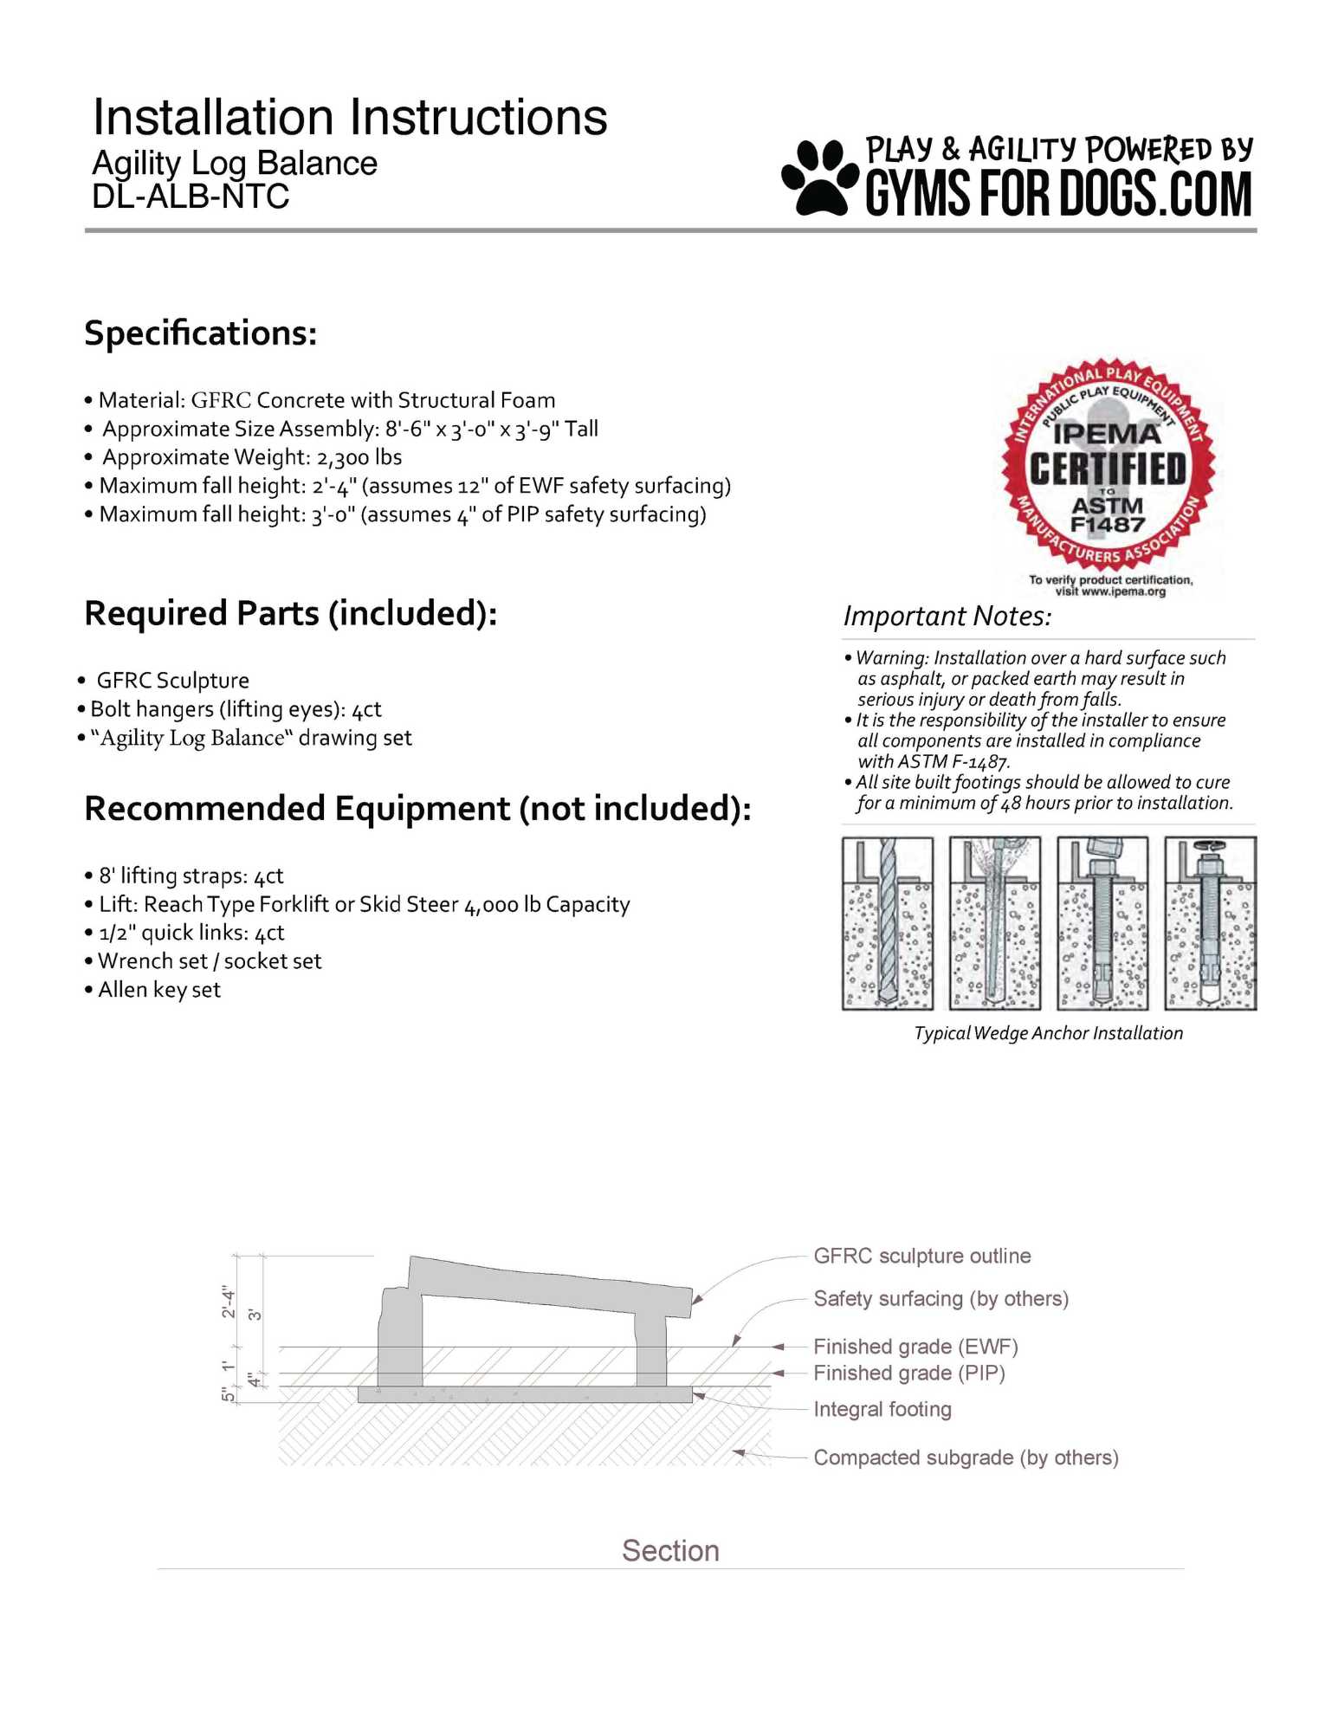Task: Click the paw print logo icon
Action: pyautogui.click(x=818, y=178)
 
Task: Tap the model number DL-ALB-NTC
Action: pyautogui.click(x=191, y=197)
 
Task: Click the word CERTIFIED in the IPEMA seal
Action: pyautogui.click(x=1108, y=469)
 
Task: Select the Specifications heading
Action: pyautogui.click(x=201, y=333)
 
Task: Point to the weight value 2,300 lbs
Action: pyautogui.click(x=359, y=457)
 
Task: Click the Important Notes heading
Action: pyautogui.click(x=947, y=616)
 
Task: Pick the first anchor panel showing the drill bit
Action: pyautogui.click(x=888, y=923)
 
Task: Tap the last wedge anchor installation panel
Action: pyautogui.click(x=1210, y=923)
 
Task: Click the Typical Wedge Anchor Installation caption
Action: pyautogui.click(x=1048, y=1033)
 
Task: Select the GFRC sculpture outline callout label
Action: pyautogui.click(x=922, y=1256)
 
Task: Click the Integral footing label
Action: pyautogui.click(x=882, y=1409)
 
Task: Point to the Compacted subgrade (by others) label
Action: pyautogui.click(x=966, y=1457)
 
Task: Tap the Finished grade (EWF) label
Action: pyautogui.click(x=915, y=1347)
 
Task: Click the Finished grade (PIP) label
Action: pyautogui.click(x=909, y=1373)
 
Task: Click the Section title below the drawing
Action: pyautogui.click(x=670, y=1550)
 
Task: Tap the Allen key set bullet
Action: pyautogui.click(x=159, y=990)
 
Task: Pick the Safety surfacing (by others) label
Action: pyautogui.click(x=940, y=1298)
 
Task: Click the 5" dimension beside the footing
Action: pyautogui.click(x=227, y=1394)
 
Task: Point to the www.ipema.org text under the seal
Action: pyautogui.click(x=1122, y=591)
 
